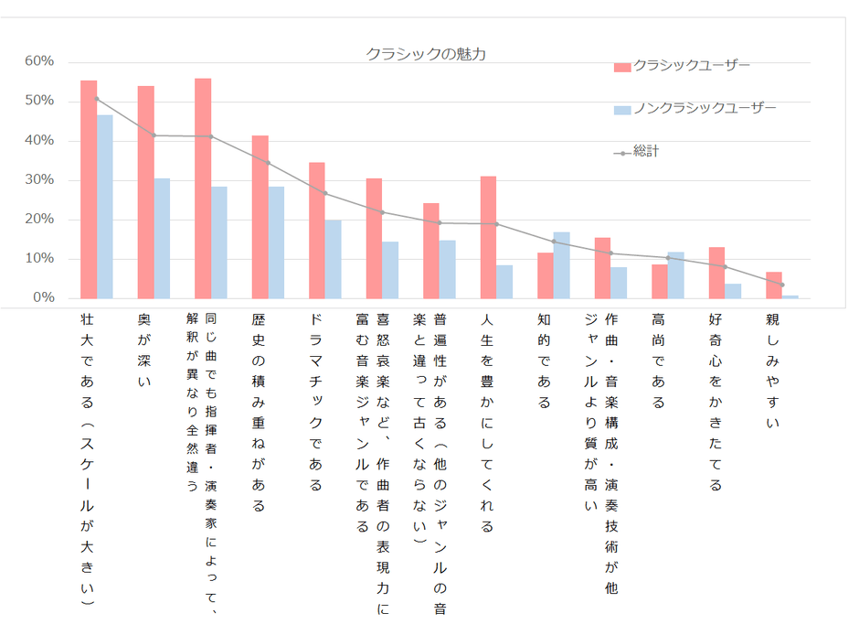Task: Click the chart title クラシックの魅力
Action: click(426, 54)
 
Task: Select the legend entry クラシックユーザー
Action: click(692, 66)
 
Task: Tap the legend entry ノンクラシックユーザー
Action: click(705, 109)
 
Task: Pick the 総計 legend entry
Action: click(645, 152)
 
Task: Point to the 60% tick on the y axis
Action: click(39, 61)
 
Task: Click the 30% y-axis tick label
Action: click(39, 180)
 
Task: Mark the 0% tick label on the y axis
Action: click(43, 298)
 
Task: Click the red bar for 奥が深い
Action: click(145, 192)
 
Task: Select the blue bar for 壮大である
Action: click(105, 207)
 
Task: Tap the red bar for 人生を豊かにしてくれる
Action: click(488, 237)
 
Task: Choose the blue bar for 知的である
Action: click(562, 265)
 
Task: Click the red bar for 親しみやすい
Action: click(773, 285)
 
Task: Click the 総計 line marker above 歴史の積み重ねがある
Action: click(268, 163)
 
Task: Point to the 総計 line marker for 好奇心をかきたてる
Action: click(725, 267)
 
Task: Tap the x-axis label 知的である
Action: click(544, 361)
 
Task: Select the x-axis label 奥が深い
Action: click(144, 350)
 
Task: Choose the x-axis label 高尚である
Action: click(659, 361)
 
